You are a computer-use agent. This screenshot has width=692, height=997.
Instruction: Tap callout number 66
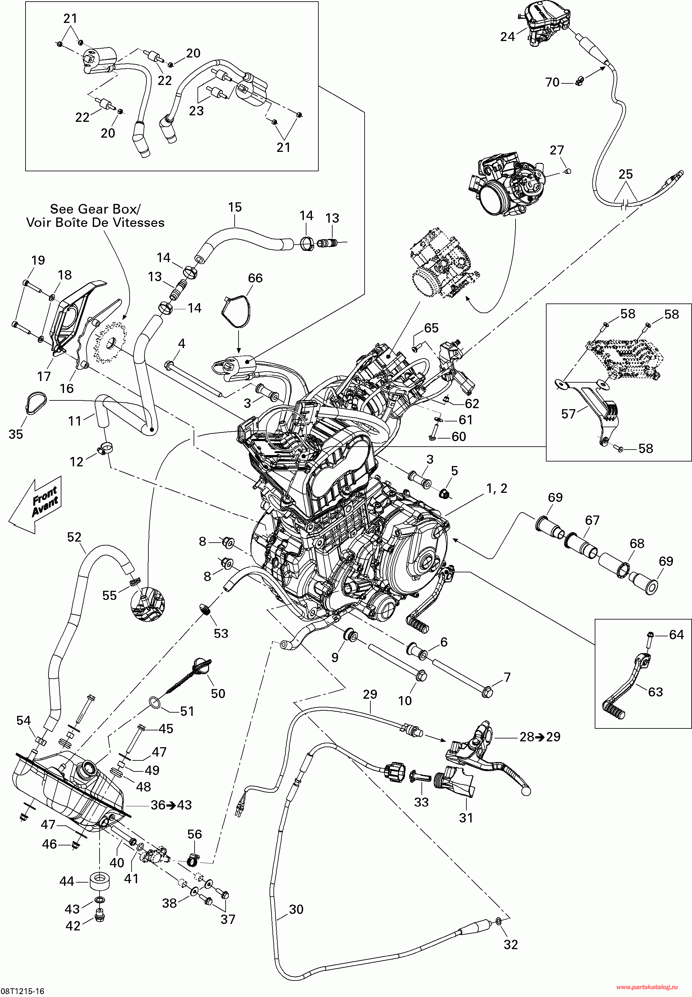255,278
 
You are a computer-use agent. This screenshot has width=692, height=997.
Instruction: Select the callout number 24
508,37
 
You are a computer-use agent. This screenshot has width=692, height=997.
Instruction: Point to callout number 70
552,82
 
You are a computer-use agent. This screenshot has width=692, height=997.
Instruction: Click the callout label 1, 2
497,489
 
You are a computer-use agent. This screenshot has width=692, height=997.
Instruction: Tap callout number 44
67,881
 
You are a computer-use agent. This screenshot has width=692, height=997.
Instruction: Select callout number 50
218,694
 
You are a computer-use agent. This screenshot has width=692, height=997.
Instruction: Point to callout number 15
235,207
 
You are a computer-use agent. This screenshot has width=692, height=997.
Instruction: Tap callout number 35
16,434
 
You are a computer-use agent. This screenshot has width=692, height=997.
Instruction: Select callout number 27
557,150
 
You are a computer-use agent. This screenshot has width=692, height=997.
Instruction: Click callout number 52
74,537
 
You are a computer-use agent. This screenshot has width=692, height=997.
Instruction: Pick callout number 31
466,818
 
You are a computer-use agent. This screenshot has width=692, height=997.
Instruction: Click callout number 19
38,260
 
